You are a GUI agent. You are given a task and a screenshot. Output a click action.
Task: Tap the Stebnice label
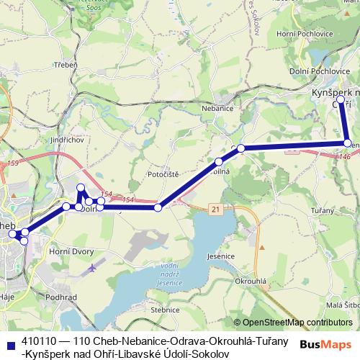[x=166, y=310]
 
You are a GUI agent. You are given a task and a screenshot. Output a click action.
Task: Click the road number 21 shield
[x=215, y=208]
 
